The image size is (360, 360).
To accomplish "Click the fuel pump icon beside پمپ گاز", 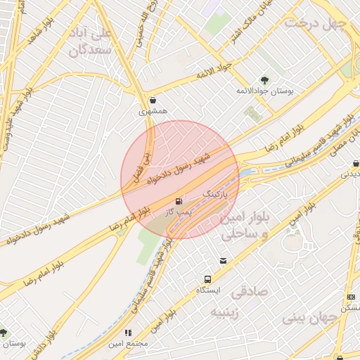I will tap(186, 200).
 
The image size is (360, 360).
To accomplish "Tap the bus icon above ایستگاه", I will tap(207, 279).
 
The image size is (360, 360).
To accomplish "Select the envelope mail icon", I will tap(223, 260).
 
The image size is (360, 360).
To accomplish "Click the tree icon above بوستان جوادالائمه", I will tap(264, 80).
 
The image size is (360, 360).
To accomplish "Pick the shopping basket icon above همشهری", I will tap(153, 100).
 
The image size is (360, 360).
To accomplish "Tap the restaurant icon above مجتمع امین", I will tap(127, 333).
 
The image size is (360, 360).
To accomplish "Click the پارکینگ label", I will tap(215, 192).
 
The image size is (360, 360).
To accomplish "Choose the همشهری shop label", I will tap(153, 111).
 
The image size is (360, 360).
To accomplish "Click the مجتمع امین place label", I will tap(127, 344).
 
